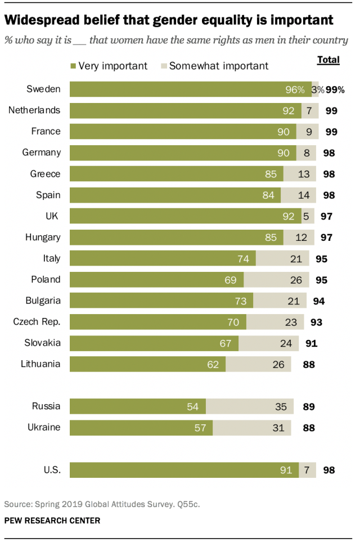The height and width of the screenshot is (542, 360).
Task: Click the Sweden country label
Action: pos(44,89)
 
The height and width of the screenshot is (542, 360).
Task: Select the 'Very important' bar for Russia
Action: pos(137,406)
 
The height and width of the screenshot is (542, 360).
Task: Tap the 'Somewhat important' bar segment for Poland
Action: pos(276,280)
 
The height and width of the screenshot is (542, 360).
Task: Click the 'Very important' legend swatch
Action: pos(73,66)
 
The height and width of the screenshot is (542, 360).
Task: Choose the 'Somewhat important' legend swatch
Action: pos(164,66)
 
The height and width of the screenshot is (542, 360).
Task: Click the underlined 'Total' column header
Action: pos(328,60)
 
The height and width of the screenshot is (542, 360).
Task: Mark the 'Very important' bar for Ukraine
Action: pos(141,427)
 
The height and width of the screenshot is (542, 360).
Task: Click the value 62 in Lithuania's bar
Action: pos(213,364)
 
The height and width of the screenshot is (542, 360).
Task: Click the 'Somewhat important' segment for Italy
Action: pos(282,258)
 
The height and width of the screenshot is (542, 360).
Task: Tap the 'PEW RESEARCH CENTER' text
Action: pos(52,521)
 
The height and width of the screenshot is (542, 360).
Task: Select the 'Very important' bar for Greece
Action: pos(176,174)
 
